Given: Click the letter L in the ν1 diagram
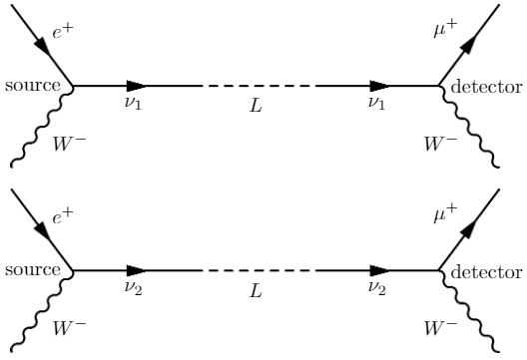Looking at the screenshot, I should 257,105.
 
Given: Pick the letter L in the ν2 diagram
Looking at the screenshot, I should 257,288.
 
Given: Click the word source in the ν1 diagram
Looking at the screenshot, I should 32,87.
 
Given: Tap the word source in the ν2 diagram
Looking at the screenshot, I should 32,270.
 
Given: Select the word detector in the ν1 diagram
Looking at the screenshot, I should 486,87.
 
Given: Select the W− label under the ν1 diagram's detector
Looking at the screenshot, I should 439,144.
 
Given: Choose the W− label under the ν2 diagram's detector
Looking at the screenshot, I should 439,327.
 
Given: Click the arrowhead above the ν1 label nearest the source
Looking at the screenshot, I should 139,87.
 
